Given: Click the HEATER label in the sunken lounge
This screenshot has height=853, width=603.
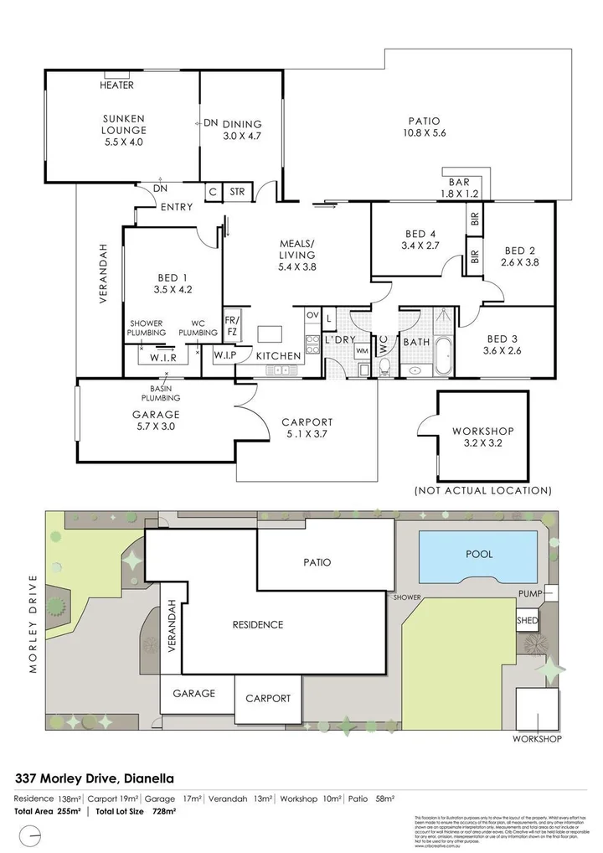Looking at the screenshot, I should click(116, 85).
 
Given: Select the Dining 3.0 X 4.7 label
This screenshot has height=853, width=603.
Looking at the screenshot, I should click(242, 130).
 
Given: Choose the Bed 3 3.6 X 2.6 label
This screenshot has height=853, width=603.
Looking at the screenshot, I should click(502, 344).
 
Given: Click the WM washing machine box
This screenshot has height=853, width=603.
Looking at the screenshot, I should click(362, 350).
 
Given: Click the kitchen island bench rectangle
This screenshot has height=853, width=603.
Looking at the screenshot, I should click(270, 333).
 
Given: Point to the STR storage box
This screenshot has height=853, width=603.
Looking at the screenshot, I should click(237, 192).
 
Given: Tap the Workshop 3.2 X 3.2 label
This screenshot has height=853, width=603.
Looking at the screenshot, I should click(482, 437).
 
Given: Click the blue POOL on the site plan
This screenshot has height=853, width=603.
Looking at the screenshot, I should click(478, 555).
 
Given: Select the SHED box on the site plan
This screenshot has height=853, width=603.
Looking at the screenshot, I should click(527, 621).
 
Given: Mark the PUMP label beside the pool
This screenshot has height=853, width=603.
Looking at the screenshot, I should click(529, 594).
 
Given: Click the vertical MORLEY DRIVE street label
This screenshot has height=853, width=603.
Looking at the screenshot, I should click(33, 624).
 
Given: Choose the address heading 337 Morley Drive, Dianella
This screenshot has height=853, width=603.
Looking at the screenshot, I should click(95, 779).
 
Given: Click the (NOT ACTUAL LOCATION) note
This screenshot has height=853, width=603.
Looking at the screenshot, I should click(483, 490).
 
